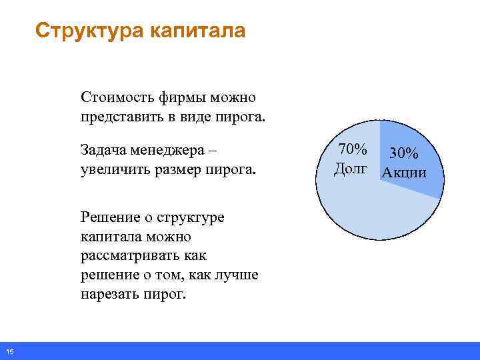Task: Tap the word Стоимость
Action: click(x=117, y=98)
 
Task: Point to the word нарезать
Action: click(x=107, y=294)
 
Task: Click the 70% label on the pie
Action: click(x=352, y=150)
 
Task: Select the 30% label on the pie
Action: click(x=403, y=153)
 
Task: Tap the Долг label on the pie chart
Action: click(x=351, y=170)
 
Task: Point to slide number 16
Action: click(x=11, y=351)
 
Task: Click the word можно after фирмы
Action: click(x=233, y=98)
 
